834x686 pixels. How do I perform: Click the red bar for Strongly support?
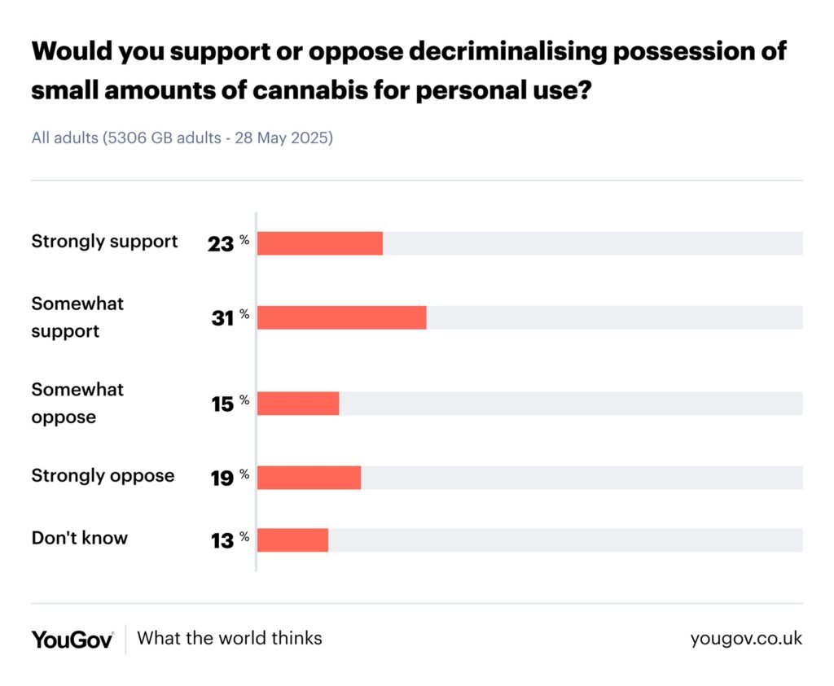coord(320,243)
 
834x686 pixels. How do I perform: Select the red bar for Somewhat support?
coord(342,317)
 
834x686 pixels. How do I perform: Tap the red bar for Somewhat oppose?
coord(298,404)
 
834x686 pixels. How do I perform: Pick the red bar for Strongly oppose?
coord(309,478)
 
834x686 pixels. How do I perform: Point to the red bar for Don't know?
coord(293,540)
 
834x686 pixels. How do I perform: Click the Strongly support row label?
coord(104,242)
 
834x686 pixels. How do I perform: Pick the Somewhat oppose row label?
coord(77,403)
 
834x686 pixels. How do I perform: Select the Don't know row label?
coord(80,538)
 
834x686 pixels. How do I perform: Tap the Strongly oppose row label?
coord(103,476)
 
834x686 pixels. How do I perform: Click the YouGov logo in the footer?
coord(72,639)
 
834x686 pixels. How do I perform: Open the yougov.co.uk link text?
coord(746,639)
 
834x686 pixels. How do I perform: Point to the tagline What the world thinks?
coord(230,638)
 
